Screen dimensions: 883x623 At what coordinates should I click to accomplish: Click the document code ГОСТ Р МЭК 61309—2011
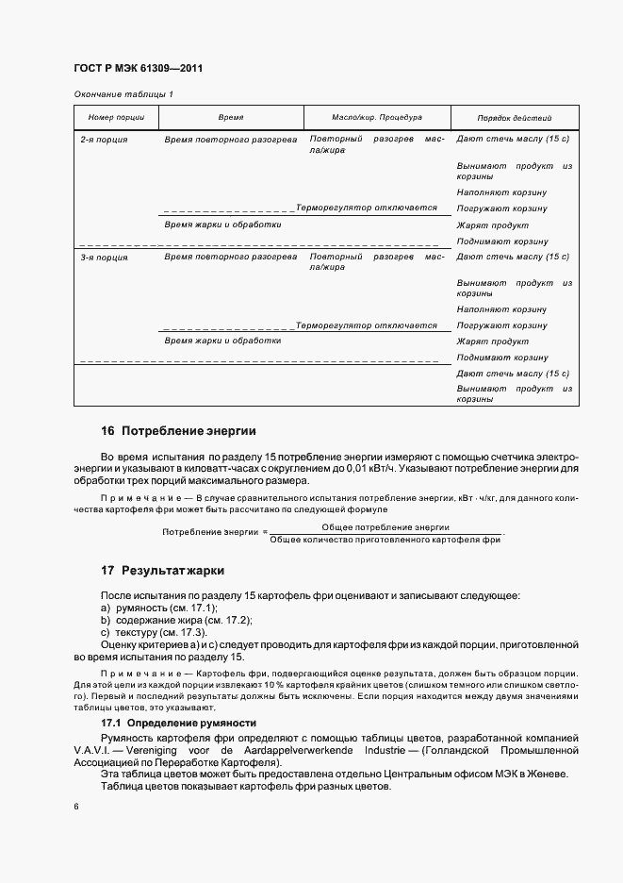(138, 69)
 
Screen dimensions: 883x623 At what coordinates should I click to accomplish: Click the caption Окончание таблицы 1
(123, 94)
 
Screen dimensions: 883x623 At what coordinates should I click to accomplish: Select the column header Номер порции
(116, 118)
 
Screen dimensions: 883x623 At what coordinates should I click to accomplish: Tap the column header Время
(230, 118)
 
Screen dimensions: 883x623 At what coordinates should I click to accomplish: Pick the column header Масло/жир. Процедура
(377, 118)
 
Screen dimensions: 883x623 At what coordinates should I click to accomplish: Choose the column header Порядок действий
(515, 119)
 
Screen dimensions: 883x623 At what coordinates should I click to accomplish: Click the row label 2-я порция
(104, 139)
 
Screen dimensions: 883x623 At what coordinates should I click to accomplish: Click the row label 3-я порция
(104, 257)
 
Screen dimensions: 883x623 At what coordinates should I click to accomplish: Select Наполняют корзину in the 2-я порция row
(501, 192)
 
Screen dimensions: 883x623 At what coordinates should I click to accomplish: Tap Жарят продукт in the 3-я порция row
(493, 342)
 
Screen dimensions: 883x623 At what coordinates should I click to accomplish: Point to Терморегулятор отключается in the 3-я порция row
(367, 325)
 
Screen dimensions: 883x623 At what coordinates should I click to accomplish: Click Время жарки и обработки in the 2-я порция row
(222, 225)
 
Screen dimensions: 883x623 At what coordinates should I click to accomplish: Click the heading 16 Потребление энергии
(178, 431)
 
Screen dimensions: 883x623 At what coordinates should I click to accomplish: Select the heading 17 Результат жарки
(162, 571)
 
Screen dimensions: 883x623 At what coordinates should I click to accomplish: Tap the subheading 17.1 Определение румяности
(178, 722)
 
